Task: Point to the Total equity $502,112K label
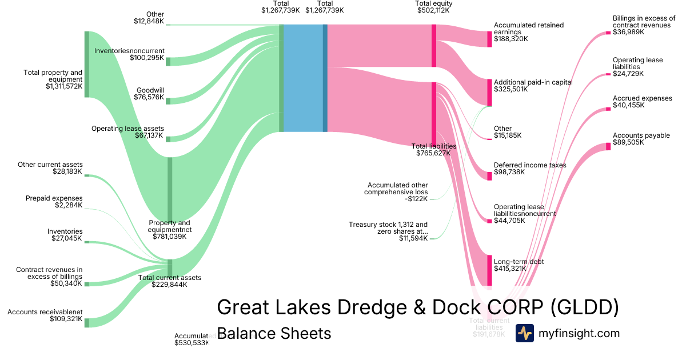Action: (433, 7)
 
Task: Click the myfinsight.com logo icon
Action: (524, 333)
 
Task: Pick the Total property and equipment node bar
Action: (87, 65)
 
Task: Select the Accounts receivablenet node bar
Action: (87, 323)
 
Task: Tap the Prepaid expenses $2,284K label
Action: (54, 202)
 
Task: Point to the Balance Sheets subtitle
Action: (274, 333)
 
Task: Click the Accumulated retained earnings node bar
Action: (489, 39)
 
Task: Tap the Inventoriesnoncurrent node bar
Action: (168, 61)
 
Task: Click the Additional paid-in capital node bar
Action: (489, 92)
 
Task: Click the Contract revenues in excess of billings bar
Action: (87, 283)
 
